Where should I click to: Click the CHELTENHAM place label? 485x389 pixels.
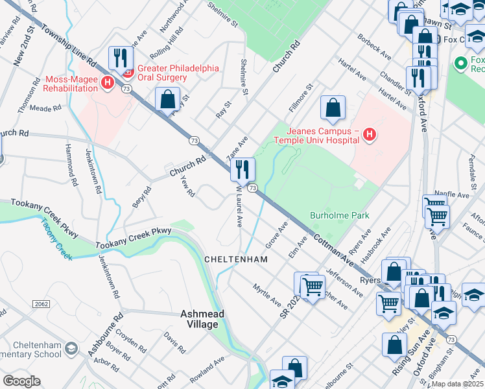click(x=236, y=259)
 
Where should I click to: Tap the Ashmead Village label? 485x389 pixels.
click(x=202, y=318)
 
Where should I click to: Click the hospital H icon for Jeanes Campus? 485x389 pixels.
click(x=370, y=134)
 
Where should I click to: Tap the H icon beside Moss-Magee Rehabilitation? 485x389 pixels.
click(x=108, y=83)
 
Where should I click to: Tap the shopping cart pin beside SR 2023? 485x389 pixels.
click(x=313, y=285)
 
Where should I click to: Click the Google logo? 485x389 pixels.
click(x=21, y=381)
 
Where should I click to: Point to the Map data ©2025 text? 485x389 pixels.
click(x=457, y=384)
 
